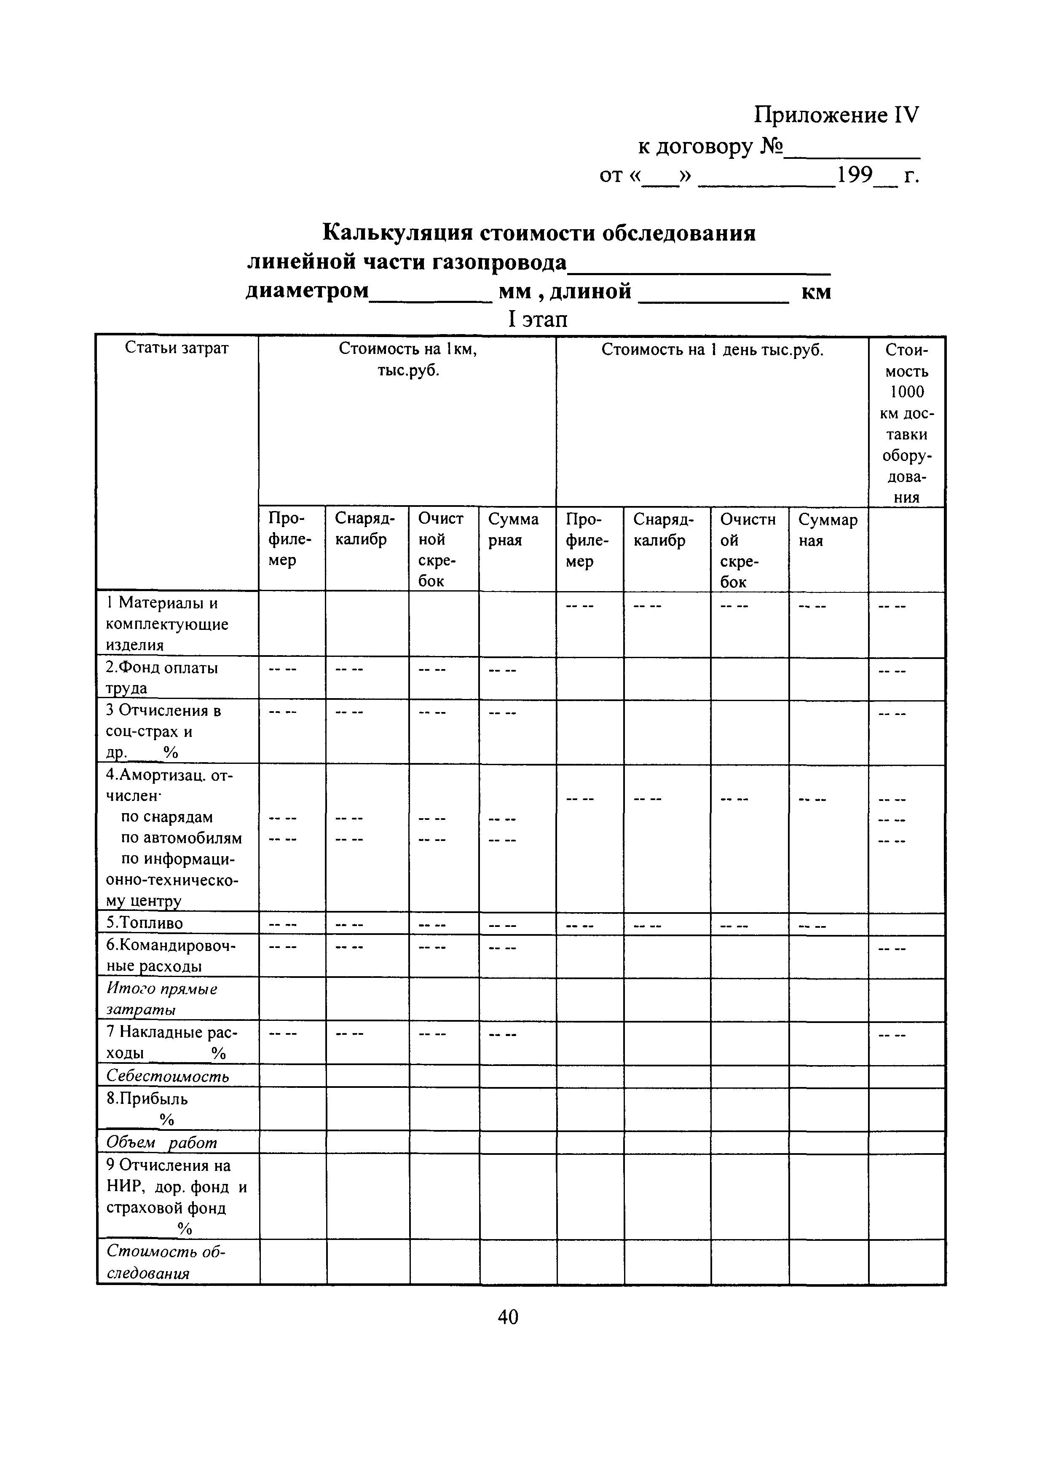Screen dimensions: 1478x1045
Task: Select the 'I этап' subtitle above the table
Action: pos(538,319)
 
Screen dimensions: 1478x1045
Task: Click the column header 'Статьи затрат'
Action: pos(177,348)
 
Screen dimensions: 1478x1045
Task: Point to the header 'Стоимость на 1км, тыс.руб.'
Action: pos(407,359)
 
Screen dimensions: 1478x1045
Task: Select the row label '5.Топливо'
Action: pos(144,923)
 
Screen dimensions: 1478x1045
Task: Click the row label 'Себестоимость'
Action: pos(167,1076)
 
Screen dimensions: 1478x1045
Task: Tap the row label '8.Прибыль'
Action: pos(147,1099)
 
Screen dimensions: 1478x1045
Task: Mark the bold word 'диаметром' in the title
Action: pos(307,291)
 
